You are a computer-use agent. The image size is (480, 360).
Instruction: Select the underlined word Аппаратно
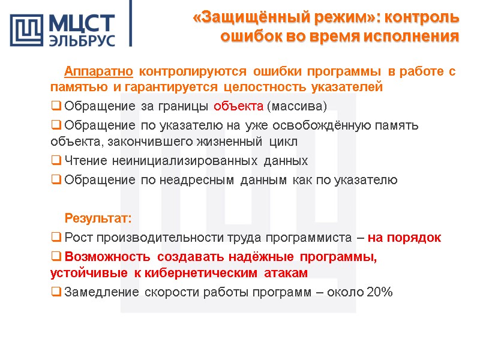[x=99, y=72]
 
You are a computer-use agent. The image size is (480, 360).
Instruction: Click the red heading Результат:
[x=98, y=217]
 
